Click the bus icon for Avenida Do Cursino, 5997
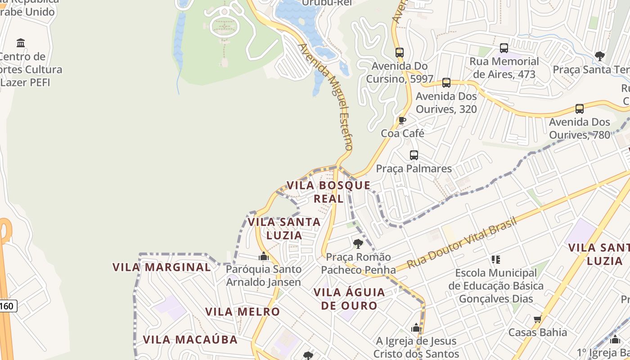400,52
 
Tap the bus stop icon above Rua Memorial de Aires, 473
504,48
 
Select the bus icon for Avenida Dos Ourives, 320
446,83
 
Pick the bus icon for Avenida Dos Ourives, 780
580,108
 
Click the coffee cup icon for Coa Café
402,120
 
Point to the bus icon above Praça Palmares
414,155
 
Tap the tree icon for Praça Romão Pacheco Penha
358,244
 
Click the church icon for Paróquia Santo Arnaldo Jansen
264,256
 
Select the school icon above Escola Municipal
496,259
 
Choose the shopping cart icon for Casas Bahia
537,319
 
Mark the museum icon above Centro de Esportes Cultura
21,43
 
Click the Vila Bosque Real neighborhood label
328,192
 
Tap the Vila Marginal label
162,267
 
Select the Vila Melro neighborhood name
243,312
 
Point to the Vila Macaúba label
190,339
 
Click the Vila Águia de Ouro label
349,299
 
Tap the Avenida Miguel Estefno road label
325,96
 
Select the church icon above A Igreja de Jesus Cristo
416,328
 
